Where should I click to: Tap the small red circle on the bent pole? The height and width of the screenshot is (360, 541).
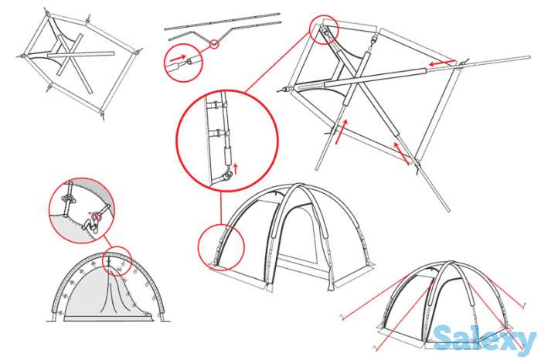click(214, 44)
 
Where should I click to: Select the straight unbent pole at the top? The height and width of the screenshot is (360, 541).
click(223, 22)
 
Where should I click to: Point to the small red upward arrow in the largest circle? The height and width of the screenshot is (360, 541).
click(236, 168)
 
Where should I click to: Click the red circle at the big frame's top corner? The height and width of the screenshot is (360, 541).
click(324, 29)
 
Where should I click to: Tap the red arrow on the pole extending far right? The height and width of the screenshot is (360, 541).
click(442, 63)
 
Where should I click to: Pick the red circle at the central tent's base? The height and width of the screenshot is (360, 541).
click(221, 247)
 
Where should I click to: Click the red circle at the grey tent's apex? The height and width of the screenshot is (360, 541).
click(117, 261)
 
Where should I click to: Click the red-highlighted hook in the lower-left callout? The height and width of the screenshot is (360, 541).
click(96, 217)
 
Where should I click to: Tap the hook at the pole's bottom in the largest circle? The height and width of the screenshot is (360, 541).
click(226, 177)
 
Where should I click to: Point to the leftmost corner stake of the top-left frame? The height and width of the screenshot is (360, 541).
click(22, 56)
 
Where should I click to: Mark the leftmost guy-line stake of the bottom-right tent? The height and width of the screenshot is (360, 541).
click(342, 318)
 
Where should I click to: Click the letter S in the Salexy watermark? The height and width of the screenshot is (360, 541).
click(444, 338)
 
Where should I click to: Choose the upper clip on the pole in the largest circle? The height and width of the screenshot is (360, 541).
click(216, 103)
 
